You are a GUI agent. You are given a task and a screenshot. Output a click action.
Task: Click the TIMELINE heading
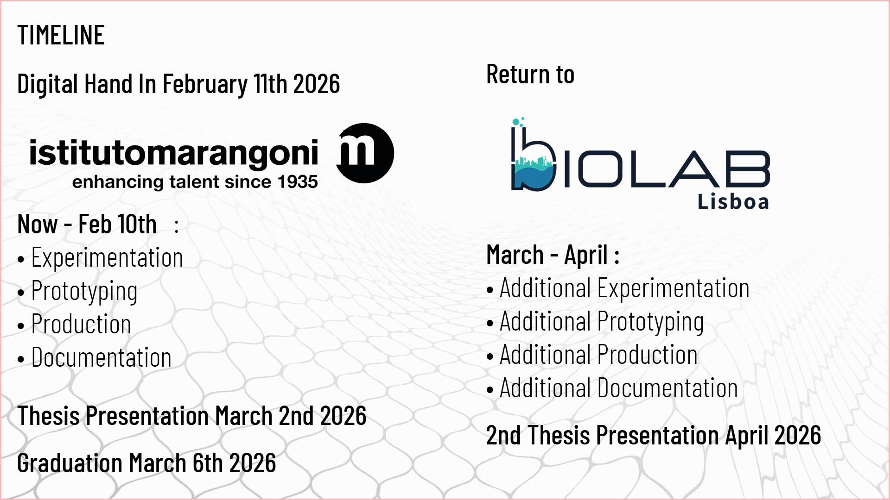[61, 35]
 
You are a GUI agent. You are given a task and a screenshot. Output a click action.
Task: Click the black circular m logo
[365, 153]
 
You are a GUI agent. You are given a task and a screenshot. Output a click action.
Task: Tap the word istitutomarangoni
[173, 153]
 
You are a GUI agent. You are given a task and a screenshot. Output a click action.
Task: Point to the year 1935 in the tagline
[298, 182]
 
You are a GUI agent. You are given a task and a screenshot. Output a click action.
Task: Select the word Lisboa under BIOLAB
[733, 202]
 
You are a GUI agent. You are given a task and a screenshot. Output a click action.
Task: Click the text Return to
[530, 74]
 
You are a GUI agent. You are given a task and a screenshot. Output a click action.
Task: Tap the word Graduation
[70, 463]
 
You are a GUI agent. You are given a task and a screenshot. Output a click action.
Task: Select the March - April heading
[553, 255]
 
